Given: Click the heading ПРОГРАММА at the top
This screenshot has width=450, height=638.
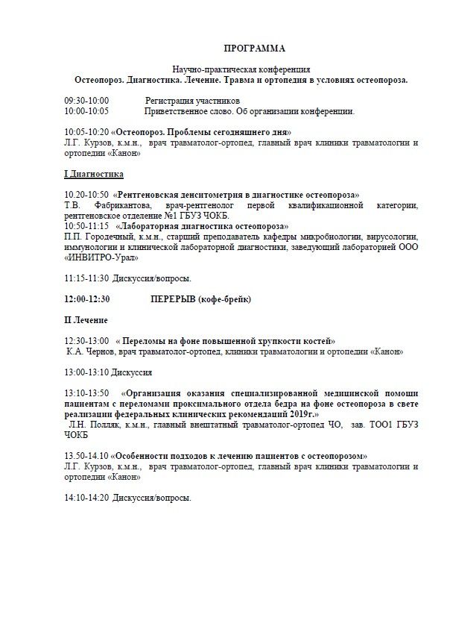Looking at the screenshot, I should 254,49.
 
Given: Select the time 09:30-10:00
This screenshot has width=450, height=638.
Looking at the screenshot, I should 86,100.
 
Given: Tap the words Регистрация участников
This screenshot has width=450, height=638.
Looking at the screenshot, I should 183,100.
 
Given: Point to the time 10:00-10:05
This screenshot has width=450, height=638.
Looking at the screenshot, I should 86,111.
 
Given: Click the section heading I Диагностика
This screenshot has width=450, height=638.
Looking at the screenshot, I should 93,173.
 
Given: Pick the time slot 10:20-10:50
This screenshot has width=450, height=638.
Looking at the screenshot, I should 86,194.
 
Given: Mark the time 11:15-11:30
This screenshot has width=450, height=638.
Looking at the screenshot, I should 86,278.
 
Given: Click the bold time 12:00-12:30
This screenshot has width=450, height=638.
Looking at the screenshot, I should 87,299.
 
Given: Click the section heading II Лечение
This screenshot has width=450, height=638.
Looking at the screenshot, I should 86,320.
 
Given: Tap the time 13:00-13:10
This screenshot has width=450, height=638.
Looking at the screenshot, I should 86,372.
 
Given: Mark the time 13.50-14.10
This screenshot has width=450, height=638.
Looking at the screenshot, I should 86,455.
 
